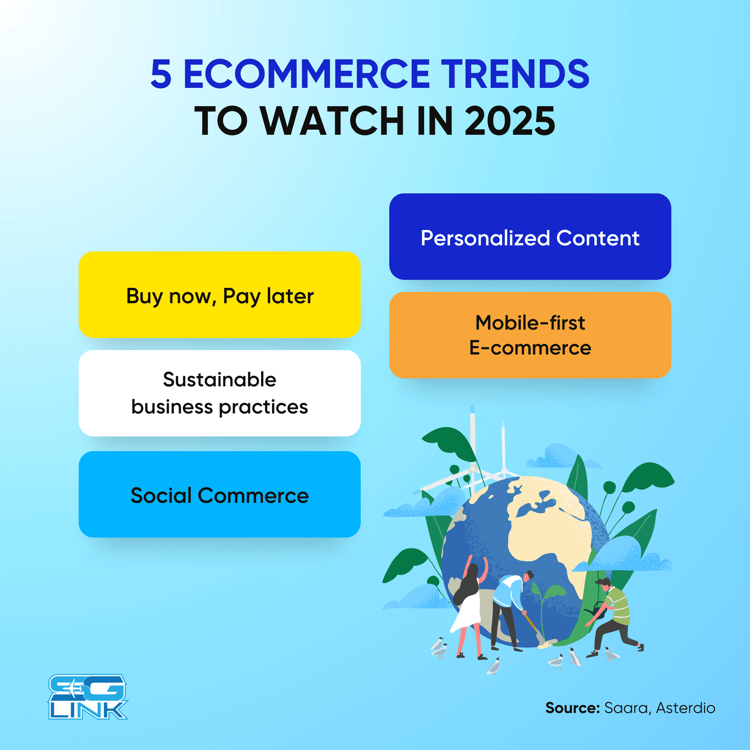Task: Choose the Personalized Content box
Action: [x=530, y=237]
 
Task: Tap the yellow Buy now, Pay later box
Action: [x=219, y=295]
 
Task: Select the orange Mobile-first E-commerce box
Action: [x=530, y=335]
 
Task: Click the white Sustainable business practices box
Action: [x=219, y=393]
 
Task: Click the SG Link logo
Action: [x=88, y=697]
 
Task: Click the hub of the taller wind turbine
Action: [x=473, y=468]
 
